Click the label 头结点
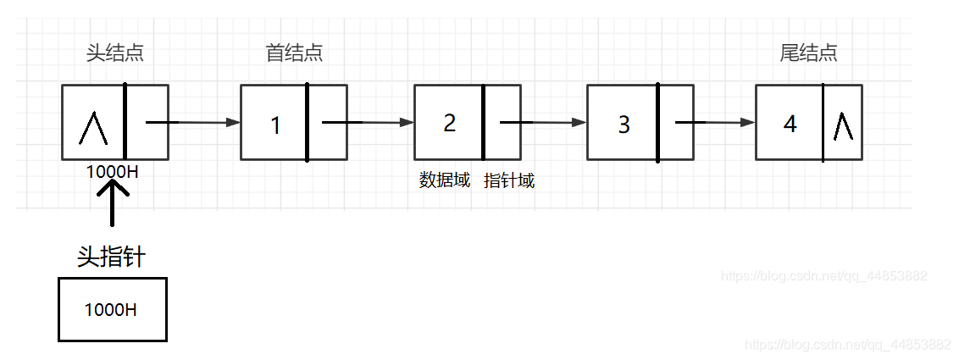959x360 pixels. tap(114, 53)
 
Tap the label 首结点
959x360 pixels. tap(294, 53)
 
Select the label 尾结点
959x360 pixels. tap(808, 53)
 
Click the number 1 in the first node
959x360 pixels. tap(275, 125)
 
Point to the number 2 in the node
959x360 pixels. tap(449, 123)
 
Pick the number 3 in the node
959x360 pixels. tap(624, 125)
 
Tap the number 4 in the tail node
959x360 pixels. tap(790, 125)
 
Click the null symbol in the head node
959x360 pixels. tap(92, 127)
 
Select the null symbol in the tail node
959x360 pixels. tap(843, 125)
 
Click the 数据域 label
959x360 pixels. tap(445, 180)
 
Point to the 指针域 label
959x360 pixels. tap(509, 180)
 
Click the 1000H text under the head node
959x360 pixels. tap(112, 171)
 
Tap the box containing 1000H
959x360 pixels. tap(112, 309)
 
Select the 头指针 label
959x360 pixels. tap(111, 257)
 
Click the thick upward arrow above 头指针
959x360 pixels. tap(112, 203)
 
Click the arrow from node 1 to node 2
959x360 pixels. tap(367, 123)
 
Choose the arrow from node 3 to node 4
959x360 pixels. tap(714, 123)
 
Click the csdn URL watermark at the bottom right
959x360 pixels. tap(845, 345)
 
